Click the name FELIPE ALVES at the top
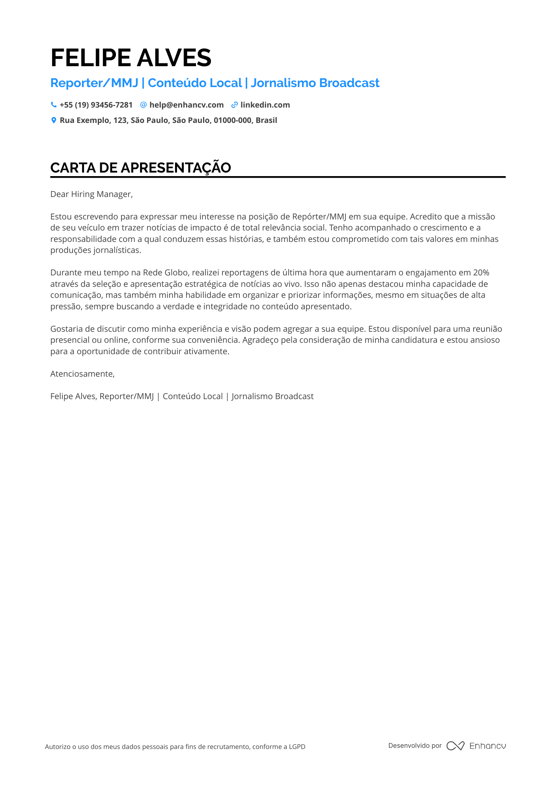(x=131, y=58)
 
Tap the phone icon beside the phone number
(x=54, y=105)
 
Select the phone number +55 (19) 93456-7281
(x=96, y=105)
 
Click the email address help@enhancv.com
(x=187, y=105)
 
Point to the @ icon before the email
(x=144, y=105)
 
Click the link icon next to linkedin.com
(x=235, y=105)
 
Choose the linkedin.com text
(x=265, y=105)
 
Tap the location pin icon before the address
(x=54, y=120)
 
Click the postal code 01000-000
(x=232, y=120)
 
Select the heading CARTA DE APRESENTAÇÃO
(x=140, y=168)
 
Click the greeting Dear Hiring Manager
(x=91, y=194)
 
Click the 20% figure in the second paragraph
(x=481, y=273)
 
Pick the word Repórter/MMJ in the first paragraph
(x=319, y=217)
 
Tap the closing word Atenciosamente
(x=82, y=374)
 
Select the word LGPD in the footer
(x=297, y=747)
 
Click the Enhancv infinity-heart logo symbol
(x=455, y=746)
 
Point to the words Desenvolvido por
(x=415, y=745)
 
